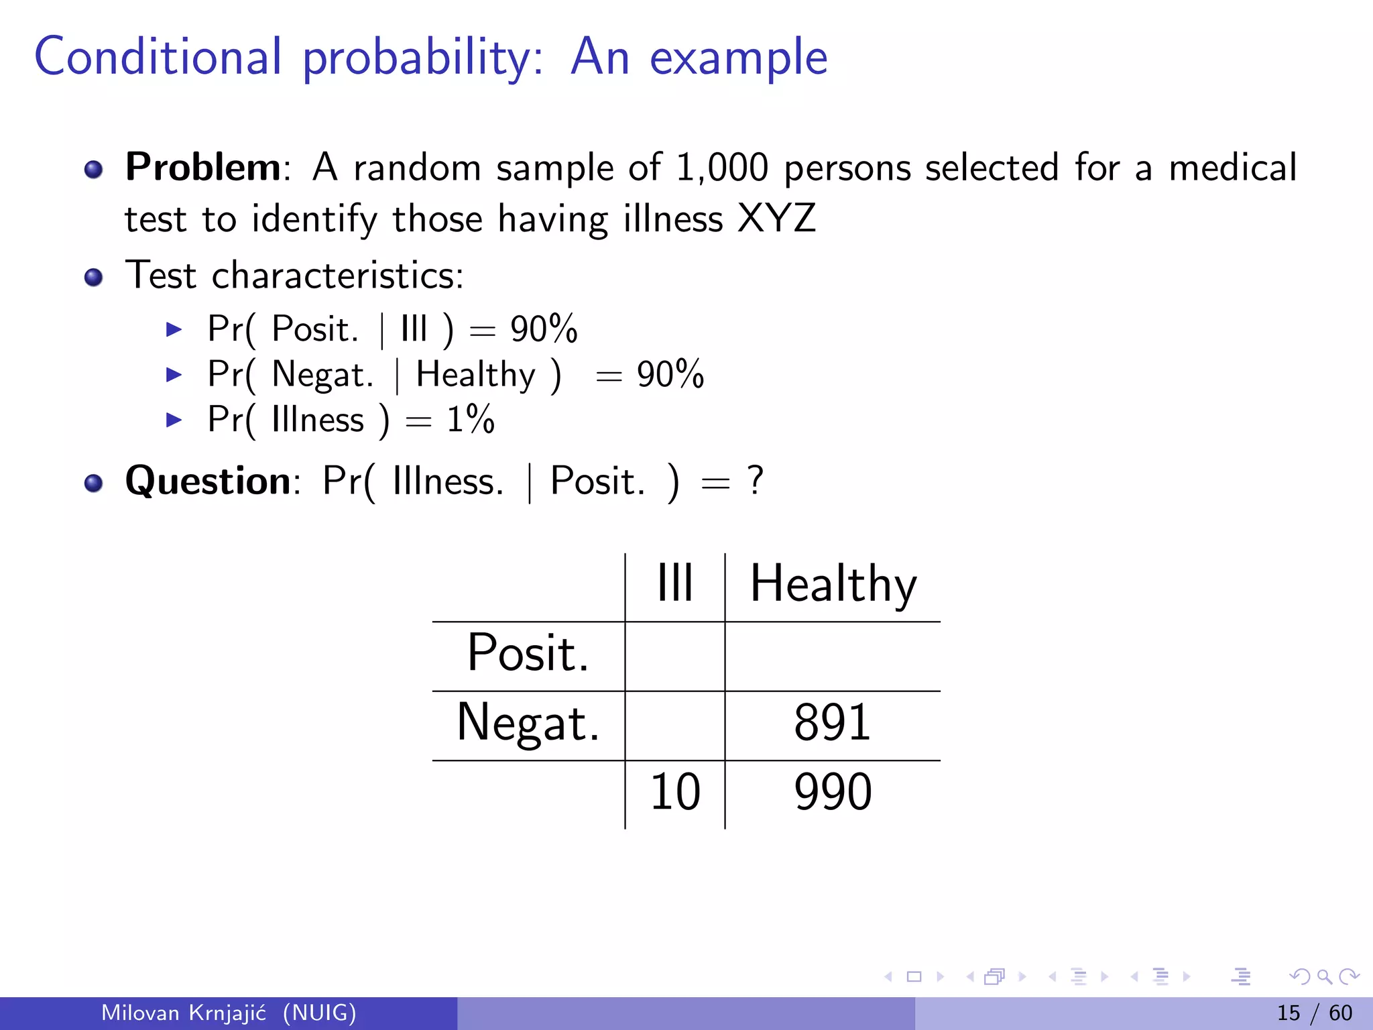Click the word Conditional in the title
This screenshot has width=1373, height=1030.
(158, 57)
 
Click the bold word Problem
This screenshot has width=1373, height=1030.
(203, 167)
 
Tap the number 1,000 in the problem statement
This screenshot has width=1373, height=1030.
(721, 168)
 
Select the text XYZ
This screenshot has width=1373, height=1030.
(776, 219)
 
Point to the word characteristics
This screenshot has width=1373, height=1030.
(337, 276)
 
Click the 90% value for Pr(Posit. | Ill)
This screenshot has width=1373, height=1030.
(544, 329)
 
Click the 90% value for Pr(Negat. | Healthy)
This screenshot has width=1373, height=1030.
(670, 374)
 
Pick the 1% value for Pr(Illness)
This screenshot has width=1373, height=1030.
(471, 420)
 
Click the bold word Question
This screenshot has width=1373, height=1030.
(208, 481)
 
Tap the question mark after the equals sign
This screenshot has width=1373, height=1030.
(756, 481)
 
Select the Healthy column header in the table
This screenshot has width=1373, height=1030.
(833, 583)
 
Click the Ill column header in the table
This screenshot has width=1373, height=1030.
(674, 583)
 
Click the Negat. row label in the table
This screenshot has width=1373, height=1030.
(528, 723)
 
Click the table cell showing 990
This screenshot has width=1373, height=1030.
(833, 792)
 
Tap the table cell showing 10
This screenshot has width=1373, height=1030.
(675, 792)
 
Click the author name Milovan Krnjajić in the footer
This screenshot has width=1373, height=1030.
(184, 1013)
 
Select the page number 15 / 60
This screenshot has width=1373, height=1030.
(1314, 1013)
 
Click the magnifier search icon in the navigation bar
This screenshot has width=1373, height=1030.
(1324, 977)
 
